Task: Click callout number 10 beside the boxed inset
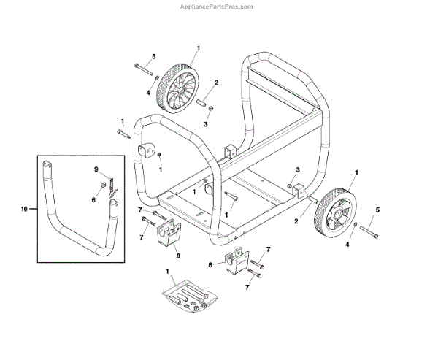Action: coord(26,209)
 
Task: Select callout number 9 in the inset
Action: coord(95,169)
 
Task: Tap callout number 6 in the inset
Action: coord(94,199)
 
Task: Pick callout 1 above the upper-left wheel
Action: coord(198,48)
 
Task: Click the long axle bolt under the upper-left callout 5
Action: coord(144,70)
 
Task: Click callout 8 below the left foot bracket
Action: coord(177,256)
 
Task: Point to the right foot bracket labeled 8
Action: coord(236,264)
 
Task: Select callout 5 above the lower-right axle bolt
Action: coord(377,210)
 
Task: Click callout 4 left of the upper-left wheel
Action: coord(148,93)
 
